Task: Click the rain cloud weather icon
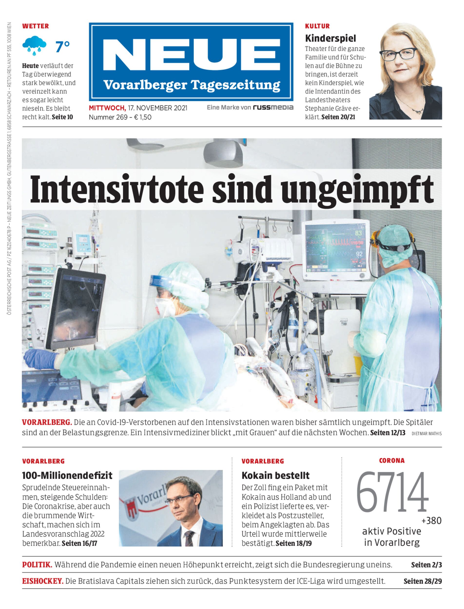tap(34, 45)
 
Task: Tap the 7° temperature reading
tap(63, 47)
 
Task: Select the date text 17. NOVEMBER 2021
tap(157, 108)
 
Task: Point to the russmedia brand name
tap(273, 107)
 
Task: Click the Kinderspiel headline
tap(330, 38)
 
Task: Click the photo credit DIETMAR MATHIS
tap(426, 434)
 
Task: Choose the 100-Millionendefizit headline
tap(67, 475)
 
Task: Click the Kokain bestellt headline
tap(275, 475)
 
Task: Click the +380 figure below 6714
tap(431, 521)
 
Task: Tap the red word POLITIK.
tap(37, 565)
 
